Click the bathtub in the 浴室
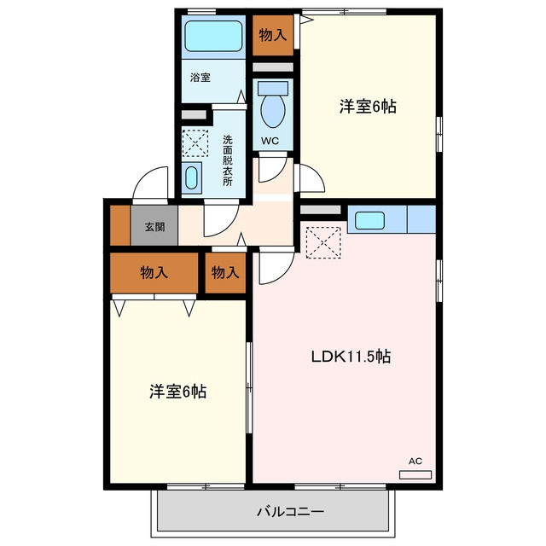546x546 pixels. (x=213, y=36)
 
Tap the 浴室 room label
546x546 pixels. (x=200, y=78)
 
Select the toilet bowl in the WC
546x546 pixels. (x=273, y=110)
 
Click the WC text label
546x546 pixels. (x=270, y=141)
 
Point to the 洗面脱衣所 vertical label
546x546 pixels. (x=228, y=160)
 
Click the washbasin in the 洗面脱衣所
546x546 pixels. (x=191, y=177)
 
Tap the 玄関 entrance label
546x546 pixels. (x=154, y=227)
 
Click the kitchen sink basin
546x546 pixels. (x=369, y=220)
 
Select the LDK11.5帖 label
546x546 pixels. (x=351, y=357)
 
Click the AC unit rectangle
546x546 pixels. (x=415, y=474)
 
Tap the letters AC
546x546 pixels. (x=415, y=461)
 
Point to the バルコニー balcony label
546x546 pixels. (x=290, y=512)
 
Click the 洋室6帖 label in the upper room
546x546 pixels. (x=368, y=106)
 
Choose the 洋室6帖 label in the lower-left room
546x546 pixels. (x=178, y=392)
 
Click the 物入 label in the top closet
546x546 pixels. (x=273, y=35)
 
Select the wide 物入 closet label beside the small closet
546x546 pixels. (x=154, y=272)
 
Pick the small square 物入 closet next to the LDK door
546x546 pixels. (x=225, y=273)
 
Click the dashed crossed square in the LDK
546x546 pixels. (x=323, y=242)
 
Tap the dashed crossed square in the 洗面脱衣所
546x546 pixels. (x=195, y=143)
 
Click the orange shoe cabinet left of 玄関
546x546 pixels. (x=120, y=225)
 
